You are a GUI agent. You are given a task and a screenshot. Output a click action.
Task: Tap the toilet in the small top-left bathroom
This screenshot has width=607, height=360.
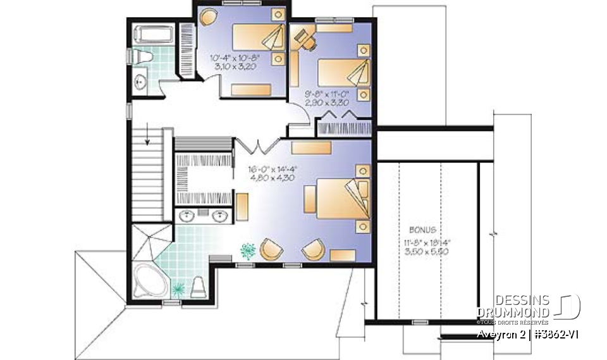(x=145, y=58)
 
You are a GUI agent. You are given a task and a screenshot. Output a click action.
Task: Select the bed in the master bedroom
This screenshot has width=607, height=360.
(x=336, y=198)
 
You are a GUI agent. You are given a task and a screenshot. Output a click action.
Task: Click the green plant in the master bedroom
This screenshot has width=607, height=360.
(x=247, y=251)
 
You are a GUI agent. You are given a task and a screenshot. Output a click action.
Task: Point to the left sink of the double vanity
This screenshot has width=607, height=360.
(x=188, y=216)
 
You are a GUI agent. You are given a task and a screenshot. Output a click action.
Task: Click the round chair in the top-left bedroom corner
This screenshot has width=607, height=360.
(x=208, y=16)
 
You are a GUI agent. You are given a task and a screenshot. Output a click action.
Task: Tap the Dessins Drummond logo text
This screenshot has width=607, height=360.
(x=513, y=306)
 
